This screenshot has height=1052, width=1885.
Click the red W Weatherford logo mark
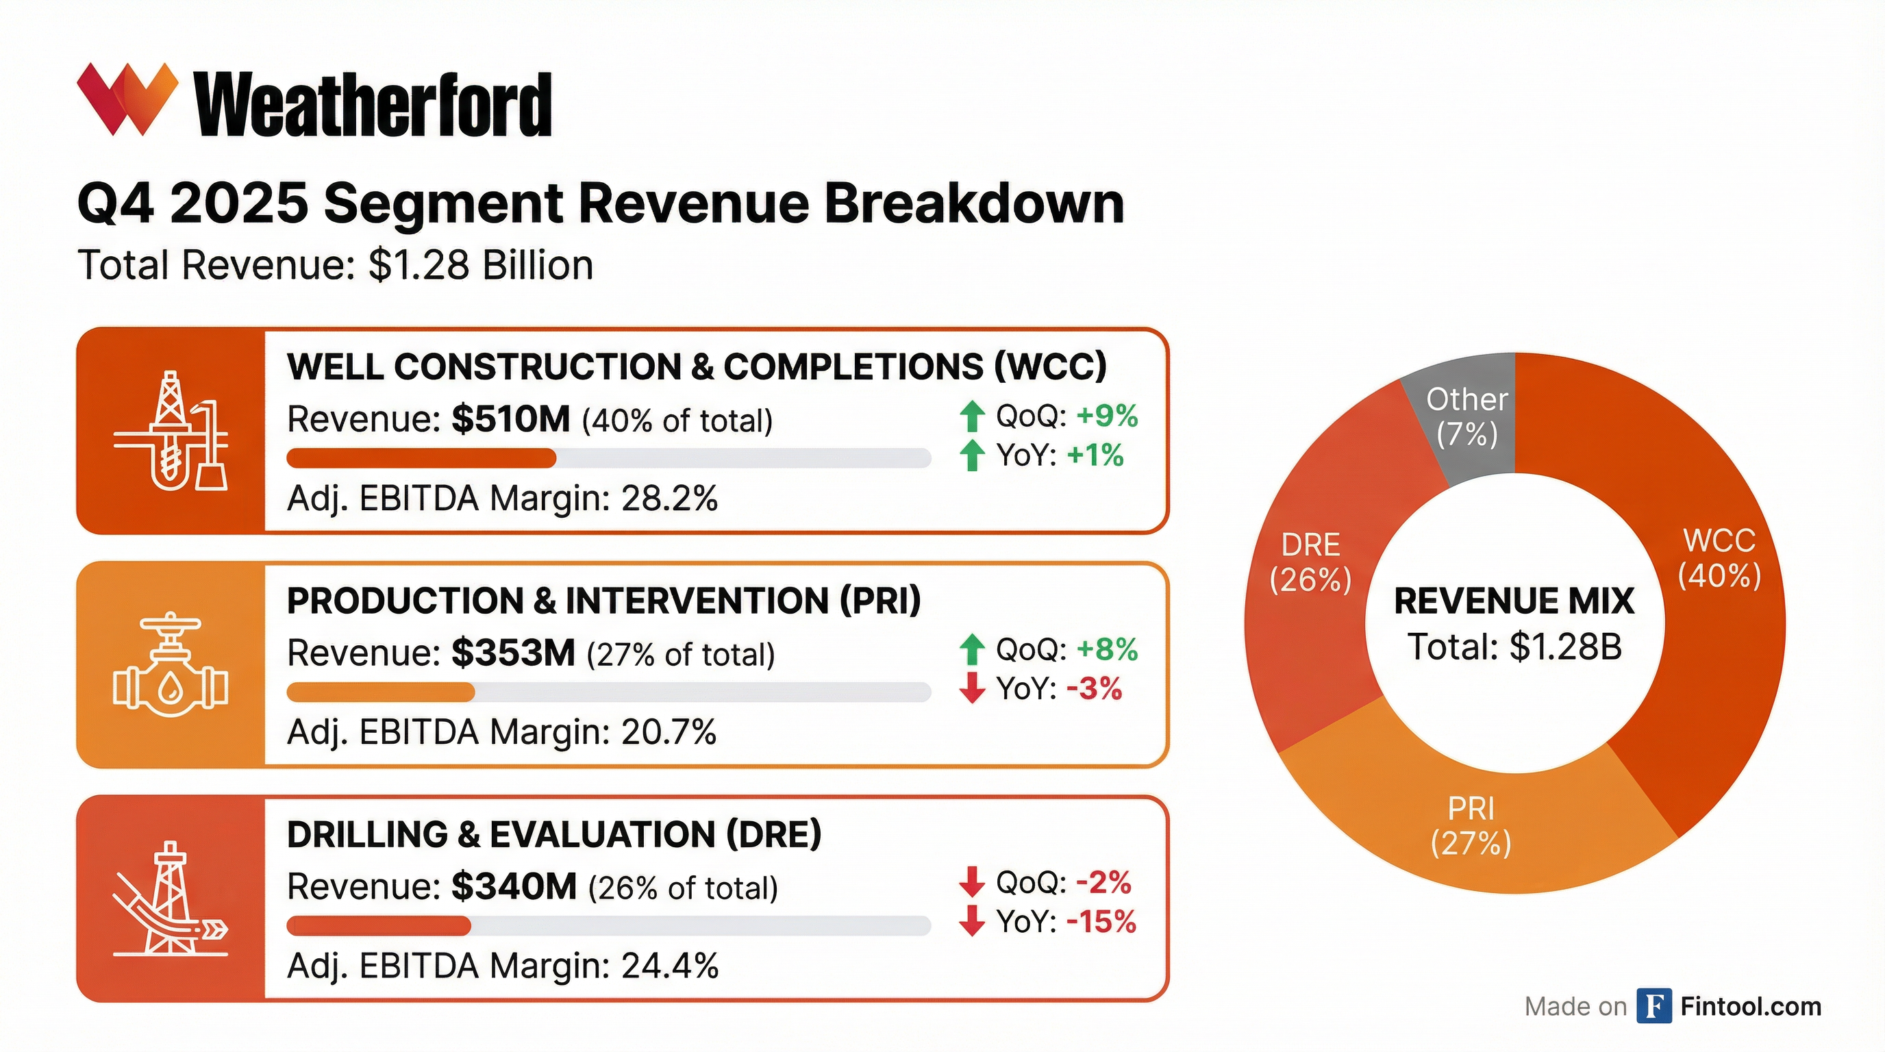(127, 99)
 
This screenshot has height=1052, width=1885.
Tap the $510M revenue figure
(510, 419)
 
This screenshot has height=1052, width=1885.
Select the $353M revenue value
(513, 653)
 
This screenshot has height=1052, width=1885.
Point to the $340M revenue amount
(514, 886)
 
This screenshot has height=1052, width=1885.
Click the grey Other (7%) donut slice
(1471, 417)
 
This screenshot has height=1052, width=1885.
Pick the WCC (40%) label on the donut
(1719, 558)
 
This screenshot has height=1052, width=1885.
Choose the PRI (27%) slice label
(1471, 827)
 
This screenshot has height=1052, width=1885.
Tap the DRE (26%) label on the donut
(1310, 562)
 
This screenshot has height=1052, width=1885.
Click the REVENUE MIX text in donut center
(1513, 601)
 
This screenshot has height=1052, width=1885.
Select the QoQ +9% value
(1107, 416)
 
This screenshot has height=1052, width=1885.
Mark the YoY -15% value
(1101, 922)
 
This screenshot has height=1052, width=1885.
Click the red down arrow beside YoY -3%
(972, 688)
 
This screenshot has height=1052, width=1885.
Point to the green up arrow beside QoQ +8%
(972, 649)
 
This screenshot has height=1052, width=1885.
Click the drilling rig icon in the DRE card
(171, 899)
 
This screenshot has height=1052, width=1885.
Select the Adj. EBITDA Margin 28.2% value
(669, 499)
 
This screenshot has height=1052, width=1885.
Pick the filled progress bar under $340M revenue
(378, 926)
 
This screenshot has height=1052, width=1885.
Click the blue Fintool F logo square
(1654, 1006)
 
